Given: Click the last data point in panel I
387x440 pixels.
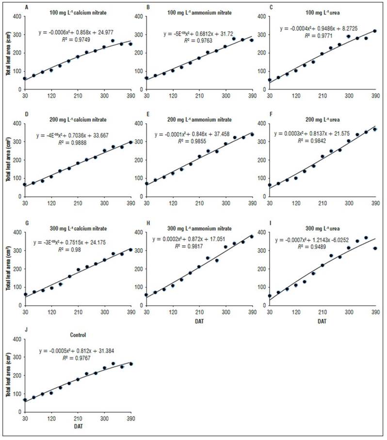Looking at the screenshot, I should pyautogui.click(x=375, y=248).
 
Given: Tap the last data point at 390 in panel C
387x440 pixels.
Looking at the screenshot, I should pyautogui.click(x=375, y=31).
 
